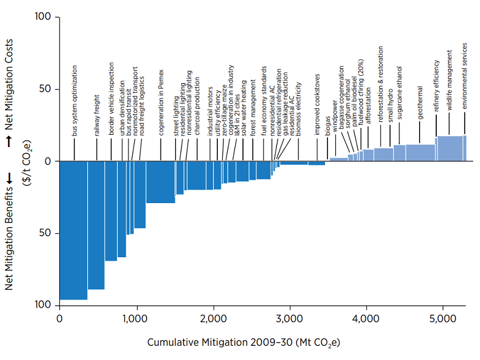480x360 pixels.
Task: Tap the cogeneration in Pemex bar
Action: pos(160,182)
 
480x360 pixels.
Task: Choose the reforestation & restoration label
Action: pos(380,94)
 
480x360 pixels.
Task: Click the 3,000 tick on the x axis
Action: pos(290,318)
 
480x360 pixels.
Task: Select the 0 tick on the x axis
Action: pos(59,318)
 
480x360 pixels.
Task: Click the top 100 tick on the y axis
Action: pos(42,17)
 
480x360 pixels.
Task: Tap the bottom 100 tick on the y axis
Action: pos(42,305)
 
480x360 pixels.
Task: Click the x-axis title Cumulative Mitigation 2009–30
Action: pos(244,342)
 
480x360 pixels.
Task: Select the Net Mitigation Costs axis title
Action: pos(10,95)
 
